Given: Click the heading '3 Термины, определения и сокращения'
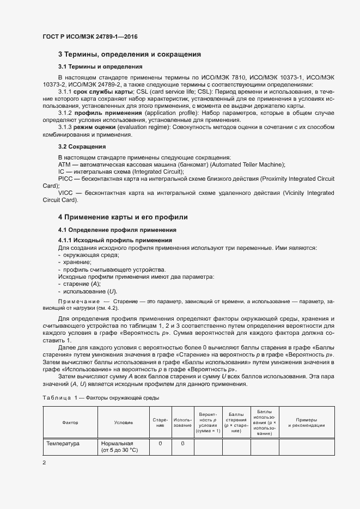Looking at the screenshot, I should pos(130,54).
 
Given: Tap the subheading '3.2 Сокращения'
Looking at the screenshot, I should pos(82,147).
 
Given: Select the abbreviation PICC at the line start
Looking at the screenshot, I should pos(65,179).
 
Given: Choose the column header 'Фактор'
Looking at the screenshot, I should pos(70,422).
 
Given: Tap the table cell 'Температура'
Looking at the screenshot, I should pos(63,444).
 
